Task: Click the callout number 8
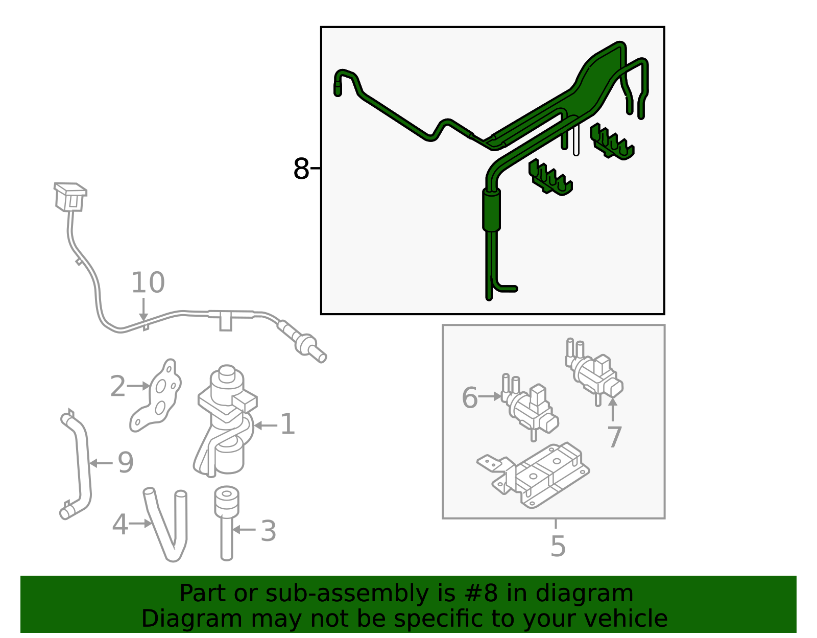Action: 301,169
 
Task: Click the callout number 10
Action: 148,283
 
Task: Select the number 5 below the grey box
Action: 558,546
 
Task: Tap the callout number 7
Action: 614,437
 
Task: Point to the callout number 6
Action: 469,397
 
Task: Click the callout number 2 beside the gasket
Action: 117,386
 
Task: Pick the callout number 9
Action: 126,462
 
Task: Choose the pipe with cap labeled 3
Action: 226,521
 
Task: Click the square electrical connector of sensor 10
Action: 70,196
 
